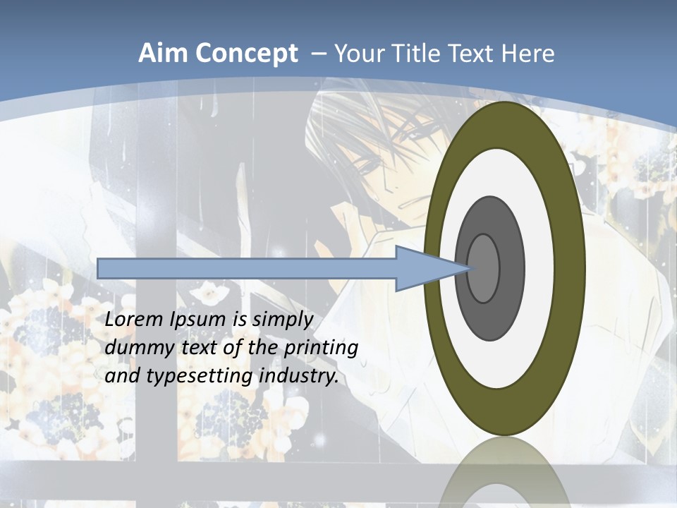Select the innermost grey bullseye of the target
[484, 268]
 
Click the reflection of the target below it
[504, 473]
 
